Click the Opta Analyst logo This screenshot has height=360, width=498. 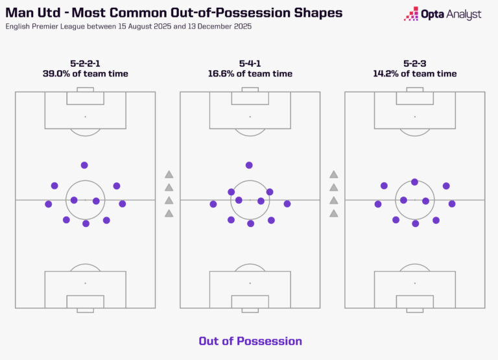click(442, 14)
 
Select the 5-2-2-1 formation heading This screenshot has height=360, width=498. click(85, 63)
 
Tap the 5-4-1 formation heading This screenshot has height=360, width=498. click(250, 63)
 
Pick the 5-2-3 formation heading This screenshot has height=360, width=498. click(414, 63)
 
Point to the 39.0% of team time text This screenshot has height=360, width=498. click(85, 74)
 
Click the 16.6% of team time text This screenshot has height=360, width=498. click(250, 74)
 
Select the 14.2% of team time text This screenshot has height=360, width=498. click(414, 74)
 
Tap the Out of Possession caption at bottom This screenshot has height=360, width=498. click(250, 341)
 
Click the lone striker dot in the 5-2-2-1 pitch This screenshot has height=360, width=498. click(84, 165)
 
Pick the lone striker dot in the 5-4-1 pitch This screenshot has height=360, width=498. click(249, 165)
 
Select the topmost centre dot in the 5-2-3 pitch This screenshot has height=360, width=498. click(414, 182)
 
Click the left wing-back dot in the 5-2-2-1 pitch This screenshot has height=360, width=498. click(48, 204)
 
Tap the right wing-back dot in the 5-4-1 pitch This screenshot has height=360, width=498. click(287, 204)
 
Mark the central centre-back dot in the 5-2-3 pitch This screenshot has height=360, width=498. click(416, 224)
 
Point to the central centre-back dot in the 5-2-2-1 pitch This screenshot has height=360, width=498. click(86, 224)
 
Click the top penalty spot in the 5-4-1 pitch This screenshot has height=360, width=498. click(250, 117)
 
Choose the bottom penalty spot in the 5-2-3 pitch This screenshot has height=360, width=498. click(414, 283)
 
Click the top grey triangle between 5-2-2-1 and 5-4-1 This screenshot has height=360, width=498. click(169, 174)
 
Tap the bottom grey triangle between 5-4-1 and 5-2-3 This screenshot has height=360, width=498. click(334, 213)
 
